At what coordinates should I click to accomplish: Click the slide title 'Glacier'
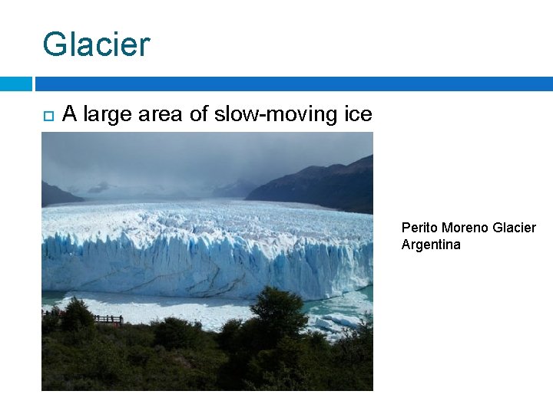[96, 44]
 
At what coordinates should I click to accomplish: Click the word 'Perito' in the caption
[419, 228]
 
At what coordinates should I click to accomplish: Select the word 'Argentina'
[431, 245]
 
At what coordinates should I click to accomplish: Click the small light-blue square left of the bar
[15, 84]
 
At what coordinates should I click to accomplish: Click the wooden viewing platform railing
[107, 319]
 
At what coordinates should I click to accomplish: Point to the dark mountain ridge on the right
[323, 184]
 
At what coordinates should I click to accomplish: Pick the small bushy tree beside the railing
[77, 314]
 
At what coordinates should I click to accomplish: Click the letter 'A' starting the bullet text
[70, 115]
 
